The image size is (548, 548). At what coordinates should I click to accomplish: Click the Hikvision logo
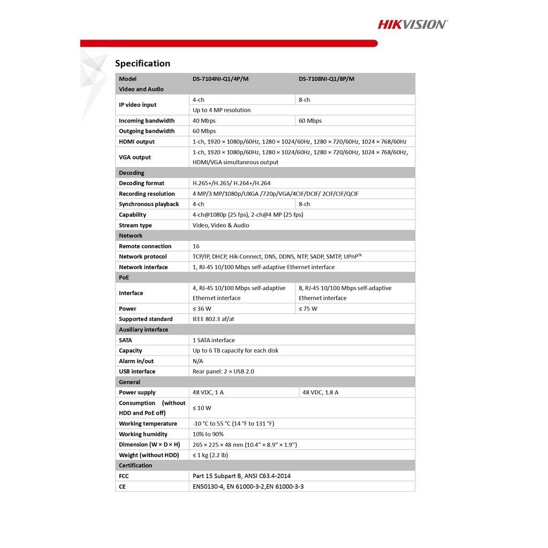(413, 24)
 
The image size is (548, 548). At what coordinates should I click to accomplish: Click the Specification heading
(142, 64)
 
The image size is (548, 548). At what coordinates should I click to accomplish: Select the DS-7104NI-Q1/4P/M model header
(220, 79)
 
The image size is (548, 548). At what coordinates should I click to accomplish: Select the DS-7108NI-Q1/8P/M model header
(326, 79)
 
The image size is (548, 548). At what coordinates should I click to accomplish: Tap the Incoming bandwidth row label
(147, 121)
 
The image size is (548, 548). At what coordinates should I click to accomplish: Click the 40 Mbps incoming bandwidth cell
(204, 121)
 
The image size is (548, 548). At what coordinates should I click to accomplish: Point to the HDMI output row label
(136, 142)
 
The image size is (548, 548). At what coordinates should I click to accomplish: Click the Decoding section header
(132, 173)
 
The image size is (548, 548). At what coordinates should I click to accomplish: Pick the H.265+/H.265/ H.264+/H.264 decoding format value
(231, 184)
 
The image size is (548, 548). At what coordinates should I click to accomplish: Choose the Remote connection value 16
(196, 246)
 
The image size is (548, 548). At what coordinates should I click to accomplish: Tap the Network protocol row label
(142, 257)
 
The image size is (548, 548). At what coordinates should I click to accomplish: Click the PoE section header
(124, 278)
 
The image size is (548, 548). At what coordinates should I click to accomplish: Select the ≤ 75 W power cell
(308, 309)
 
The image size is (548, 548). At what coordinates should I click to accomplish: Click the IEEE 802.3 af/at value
(213, 319)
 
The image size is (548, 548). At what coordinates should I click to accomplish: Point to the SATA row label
(125, 340)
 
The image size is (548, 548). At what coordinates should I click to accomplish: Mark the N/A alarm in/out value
(198, 361)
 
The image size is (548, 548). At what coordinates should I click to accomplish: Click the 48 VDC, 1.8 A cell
(320, 393)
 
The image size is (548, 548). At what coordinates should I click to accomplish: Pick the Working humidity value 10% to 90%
(208, 435)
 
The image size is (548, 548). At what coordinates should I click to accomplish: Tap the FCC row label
(124, 476)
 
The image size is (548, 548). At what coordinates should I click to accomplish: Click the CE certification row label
(122, 487)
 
